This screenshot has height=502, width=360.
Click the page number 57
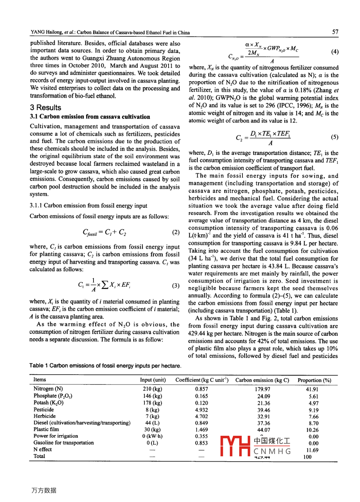point(335,32)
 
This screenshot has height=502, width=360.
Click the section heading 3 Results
point(45,107)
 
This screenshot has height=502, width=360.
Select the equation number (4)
point(335,52)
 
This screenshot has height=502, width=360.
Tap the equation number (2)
point(176,232)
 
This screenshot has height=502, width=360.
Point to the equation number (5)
point(334,137)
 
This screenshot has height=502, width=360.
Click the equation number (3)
point(176,286)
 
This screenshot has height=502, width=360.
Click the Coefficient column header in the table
point(202,380)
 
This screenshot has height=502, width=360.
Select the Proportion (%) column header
point(314,380)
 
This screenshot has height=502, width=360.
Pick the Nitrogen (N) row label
point(48,389)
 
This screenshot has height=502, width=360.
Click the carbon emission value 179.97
point(262,389)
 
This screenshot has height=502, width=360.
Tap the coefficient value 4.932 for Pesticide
point(201,410)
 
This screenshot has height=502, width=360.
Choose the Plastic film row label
point(46,429)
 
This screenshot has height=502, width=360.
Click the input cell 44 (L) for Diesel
point(152,423)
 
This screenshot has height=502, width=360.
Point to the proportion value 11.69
point(312,450)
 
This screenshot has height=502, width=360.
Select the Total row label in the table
point(39,456)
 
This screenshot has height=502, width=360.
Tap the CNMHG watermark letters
point(272,451)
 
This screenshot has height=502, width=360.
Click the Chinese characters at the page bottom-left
point(44,490)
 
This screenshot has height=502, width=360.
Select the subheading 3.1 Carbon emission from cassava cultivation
point(90,117)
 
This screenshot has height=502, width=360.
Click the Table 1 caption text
point(105,366)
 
